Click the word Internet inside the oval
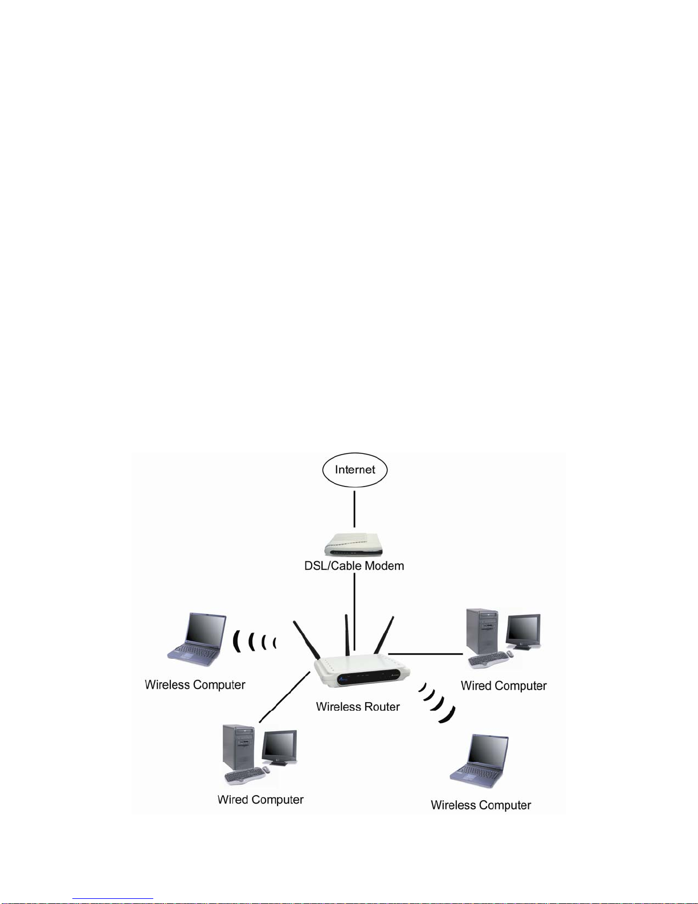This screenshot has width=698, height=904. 355,469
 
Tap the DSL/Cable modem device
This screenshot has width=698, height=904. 354,545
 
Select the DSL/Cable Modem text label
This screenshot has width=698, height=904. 354,566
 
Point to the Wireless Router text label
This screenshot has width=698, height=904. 358,707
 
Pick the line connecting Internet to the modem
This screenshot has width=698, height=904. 354,509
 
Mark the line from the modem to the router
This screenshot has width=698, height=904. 354,611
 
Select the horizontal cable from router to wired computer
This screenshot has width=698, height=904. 426,654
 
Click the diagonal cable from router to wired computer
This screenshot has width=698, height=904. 284,697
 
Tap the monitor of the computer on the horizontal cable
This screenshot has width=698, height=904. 523,632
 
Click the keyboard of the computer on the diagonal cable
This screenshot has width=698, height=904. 245,776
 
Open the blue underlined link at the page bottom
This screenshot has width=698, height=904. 113,898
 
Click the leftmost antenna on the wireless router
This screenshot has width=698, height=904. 307,640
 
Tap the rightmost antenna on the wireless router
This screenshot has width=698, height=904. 383,635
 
